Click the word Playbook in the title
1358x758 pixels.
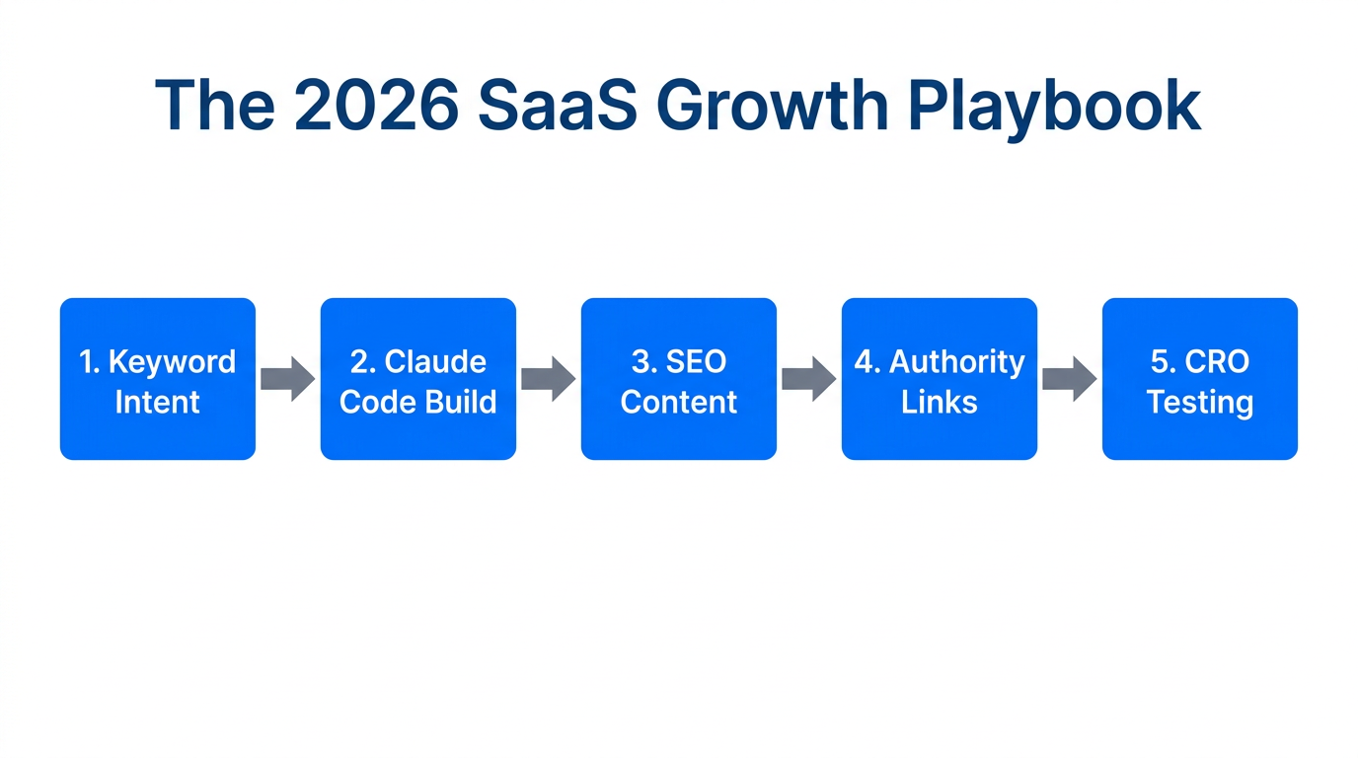tap(1053, 105)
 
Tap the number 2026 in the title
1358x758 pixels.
tap(376, 105)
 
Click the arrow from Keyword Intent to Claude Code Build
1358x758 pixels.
tap(287, 379)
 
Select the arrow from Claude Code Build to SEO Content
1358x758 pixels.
tap(548, 379)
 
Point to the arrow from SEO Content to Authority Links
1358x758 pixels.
tap(808, 379)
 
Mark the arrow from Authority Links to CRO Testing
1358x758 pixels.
tap(1069, 379)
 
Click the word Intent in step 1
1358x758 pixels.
tap(158, 403)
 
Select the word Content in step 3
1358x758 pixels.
tap(679, 403)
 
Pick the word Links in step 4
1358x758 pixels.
tap(940, 403)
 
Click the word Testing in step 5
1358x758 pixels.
tap(1200, 403)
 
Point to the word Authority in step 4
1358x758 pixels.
tap(957, 362)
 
